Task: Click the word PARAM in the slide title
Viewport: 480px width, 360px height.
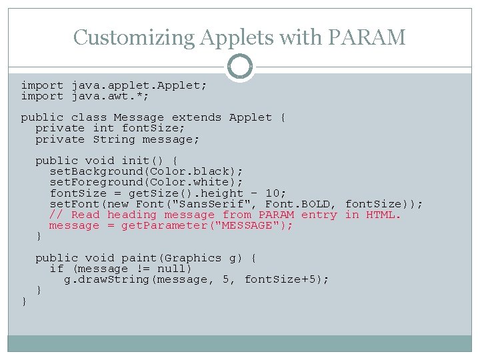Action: tap(367, 37)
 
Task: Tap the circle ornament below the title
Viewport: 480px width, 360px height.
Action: tap(240, 67)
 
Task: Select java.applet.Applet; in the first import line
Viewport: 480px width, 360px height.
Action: tap(139, 85)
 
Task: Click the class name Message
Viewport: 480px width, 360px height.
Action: tap(139, 117)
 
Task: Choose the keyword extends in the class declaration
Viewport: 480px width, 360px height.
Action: tap(197, 117)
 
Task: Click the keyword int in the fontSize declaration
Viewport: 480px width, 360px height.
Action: tap(103, 128)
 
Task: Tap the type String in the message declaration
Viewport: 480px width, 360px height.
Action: tap(114, 139)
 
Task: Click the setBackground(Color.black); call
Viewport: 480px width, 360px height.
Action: tap(147, 171)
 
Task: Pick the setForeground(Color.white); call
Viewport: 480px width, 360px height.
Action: tap(147, 182)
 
